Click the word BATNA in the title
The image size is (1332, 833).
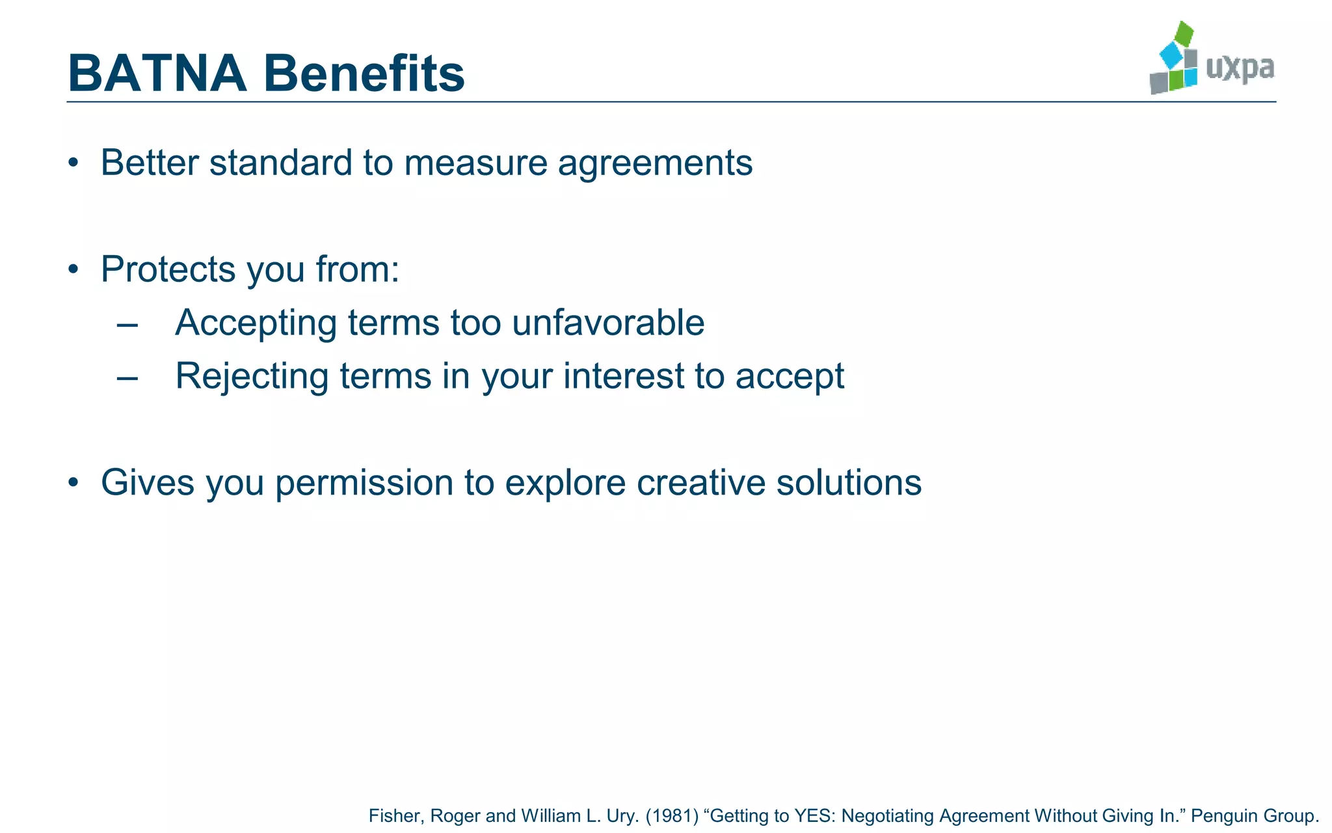[157, 74]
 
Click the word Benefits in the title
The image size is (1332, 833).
[364, 74]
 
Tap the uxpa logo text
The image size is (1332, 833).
[1240, 68]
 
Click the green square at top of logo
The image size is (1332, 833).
[1185, 33]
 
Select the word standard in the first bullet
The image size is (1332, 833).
[280, 163]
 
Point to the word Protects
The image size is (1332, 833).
[168, 269]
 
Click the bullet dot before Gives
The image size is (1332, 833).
[73, 483]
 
